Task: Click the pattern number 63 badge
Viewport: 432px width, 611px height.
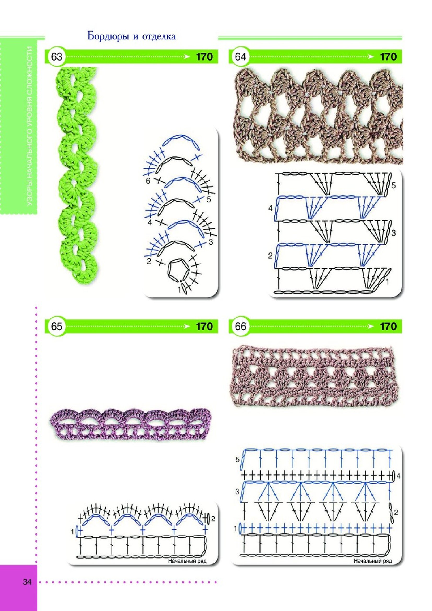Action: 56,57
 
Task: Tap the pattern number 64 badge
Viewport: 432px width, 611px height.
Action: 241,57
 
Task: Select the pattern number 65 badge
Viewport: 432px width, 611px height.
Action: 56,327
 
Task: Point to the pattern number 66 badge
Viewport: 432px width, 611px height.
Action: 241,327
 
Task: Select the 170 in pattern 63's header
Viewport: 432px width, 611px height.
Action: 204,57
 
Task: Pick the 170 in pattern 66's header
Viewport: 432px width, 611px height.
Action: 388,327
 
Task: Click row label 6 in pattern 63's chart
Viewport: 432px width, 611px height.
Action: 148,181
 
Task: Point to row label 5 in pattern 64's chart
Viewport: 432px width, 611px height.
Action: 394,186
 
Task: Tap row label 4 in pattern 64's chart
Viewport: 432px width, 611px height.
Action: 271,209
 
